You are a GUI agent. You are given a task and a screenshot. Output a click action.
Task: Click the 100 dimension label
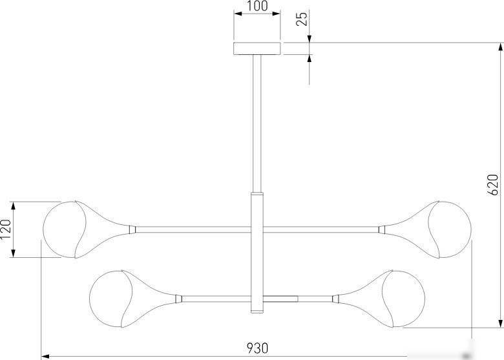point(257,6)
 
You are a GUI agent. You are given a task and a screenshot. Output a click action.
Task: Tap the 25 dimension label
point(302,18)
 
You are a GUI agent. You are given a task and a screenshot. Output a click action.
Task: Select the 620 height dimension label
point(492,184)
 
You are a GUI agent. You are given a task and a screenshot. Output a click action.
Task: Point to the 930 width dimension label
point(257,348)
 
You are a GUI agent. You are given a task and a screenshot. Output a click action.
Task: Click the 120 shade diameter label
point(6,229)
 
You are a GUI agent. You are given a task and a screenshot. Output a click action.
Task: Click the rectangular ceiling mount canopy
point(257,48)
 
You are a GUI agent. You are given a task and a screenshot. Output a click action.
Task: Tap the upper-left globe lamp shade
point(65,229)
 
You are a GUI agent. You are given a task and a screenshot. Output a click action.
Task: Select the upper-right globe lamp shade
point(450,229)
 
